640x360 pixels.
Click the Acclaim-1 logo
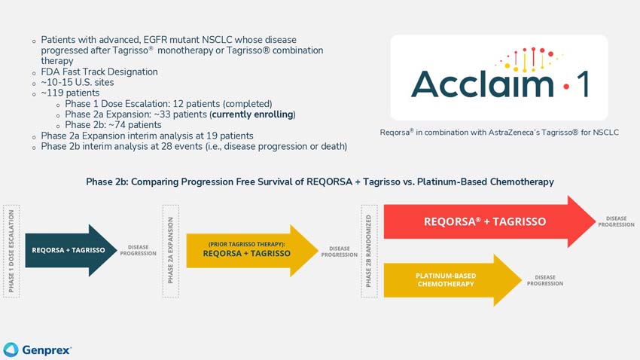(498, 77)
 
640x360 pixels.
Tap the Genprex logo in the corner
(38, 349)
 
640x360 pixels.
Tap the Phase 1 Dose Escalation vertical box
(11, 250)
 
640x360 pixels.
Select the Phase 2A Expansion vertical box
(170, 250)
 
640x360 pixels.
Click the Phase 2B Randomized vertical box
(369, 250)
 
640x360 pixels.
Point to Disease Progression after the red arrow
(615, 221)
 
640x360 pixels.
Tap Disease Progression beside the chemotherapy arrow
(544, 280)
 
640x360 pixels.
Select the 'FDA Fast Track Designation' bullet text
(99, 72)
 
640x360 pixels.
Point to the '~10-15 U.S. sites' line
(78, 83)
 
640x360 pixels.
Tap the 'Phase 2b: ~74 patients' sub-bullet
(113, 125)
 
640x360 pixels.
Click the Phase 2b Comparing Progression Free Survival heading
(320, 182)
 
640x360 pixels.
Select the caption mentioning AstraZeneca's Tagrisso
(499, 133)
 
